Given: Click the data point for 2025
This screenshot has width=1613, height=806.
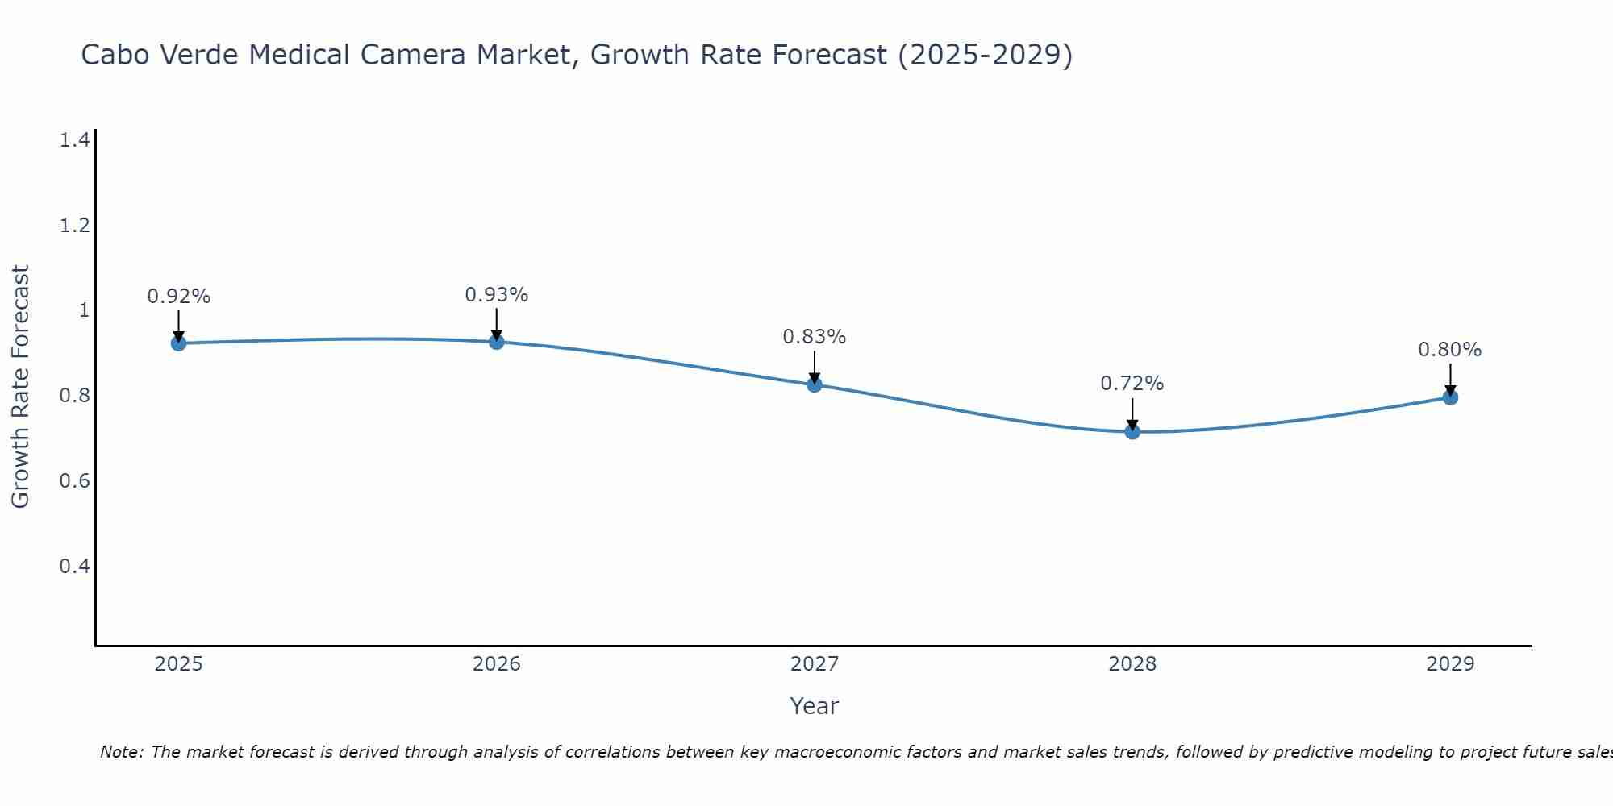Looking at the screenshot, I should point(178,343).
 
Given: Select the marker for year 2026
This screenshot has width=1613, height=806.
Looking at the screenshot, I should point(496,342).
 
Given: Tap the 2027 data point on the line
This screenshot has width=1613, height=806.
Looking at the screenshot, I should point(814,384).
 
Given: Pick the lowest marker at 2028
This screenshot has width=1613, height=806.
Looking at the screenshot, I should point(1132,431).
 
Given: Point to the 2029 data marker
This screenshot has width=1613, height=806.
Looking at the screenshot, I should point(1449,397).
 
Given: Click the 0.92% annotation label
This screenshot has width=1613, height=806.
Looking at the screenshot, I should point(178,297).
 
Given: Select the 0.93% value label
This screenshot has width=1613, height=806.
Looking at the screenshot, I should point(496,295).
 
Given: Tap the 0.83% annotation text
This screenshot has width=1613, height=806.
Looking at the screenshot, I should point(814,337).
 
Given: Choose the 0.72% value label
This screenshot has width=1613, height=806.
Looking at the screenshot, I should point(1132,384).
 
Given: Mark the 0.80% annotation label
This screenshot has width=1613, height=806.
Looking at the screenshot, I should point(1449,350).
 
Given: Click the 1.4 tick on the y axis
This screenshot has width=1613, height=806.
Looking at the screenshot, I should point(74,140).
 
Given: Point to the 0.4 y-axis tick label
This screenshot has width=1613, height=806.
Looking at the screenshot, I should point(74,566).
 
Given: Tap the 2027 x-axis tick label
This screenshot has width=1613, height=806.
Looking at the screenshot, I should point(814,664).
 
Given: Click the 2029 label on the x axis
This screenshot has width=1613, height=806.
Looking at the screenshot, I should point(1449,664).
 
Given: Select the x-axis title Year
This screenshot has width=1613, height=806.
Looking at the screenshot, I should point(814,706).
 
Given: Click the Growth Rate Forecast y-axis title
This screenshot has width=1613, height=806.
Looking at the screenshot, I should point(20,387).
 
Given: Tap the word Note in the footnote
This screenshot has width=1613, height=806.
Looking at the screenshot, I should point(120,752).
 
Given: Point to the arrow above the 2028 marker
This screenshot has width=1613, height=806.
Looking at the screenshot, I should point(1132,413).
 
